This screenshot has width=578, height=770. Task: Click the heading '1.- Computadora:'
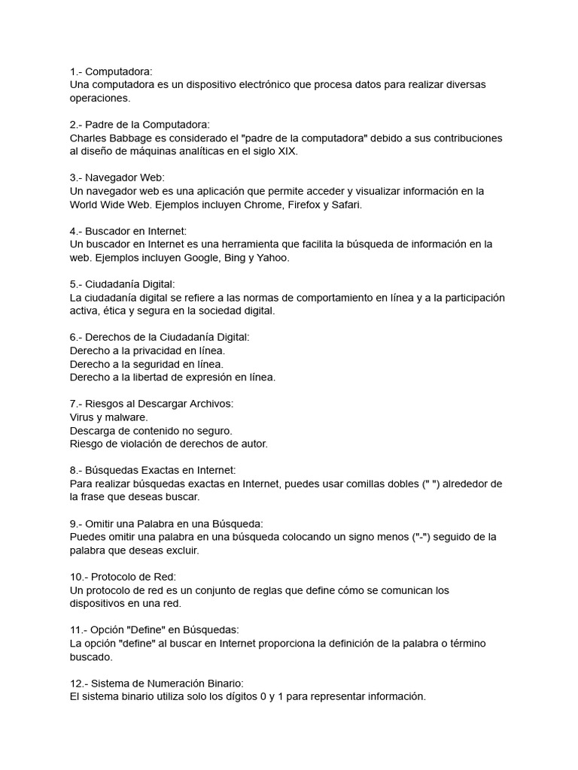pyautogui.click(x=111, y=71)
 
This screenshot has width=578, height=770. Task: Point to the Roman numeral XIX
pyautogui.click(x=286, y=151)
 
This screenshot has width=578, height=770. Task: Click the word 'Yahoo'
pyautogui.click(x=272, y=258)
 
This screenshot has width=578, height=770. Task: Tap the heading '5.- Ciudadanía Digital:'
pyautogui.click(x=122, y=284)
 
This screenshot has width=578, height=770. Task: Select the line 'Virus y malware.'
pyautogui.click(x=108, y=417)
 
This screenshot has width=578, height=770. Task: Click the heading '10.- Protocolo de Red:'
pyautogui.click(x=123, y=577)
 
